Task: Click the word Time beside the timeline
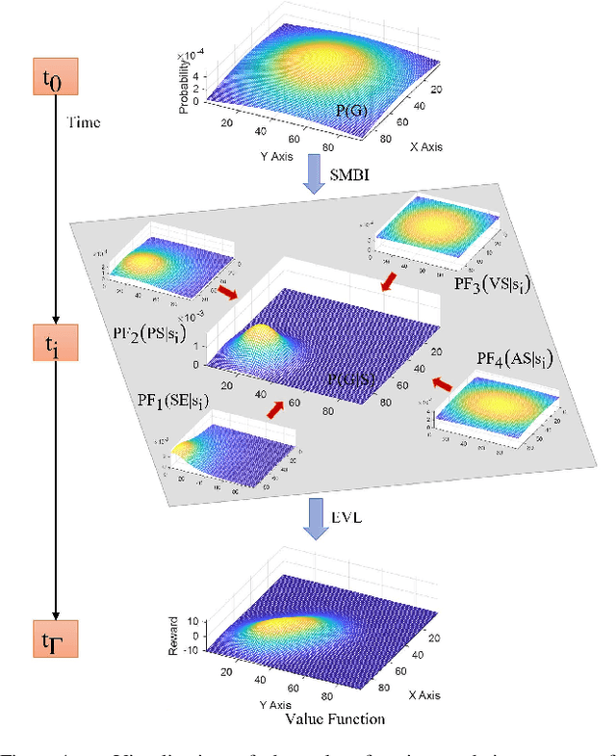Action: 83,122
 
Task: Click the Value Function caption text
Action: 336,718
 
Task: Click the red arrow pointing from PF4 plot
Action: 443,384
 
